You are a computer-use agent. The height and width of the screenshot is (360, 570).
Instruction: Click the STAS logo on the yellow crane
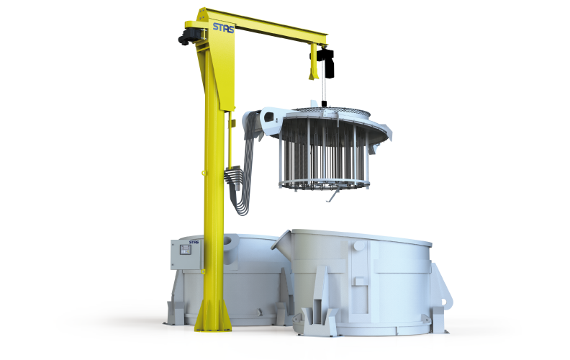click(223, 27)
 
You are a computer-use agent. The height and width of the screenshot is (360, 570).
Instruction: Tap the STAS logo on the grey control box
click(194, 242)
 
